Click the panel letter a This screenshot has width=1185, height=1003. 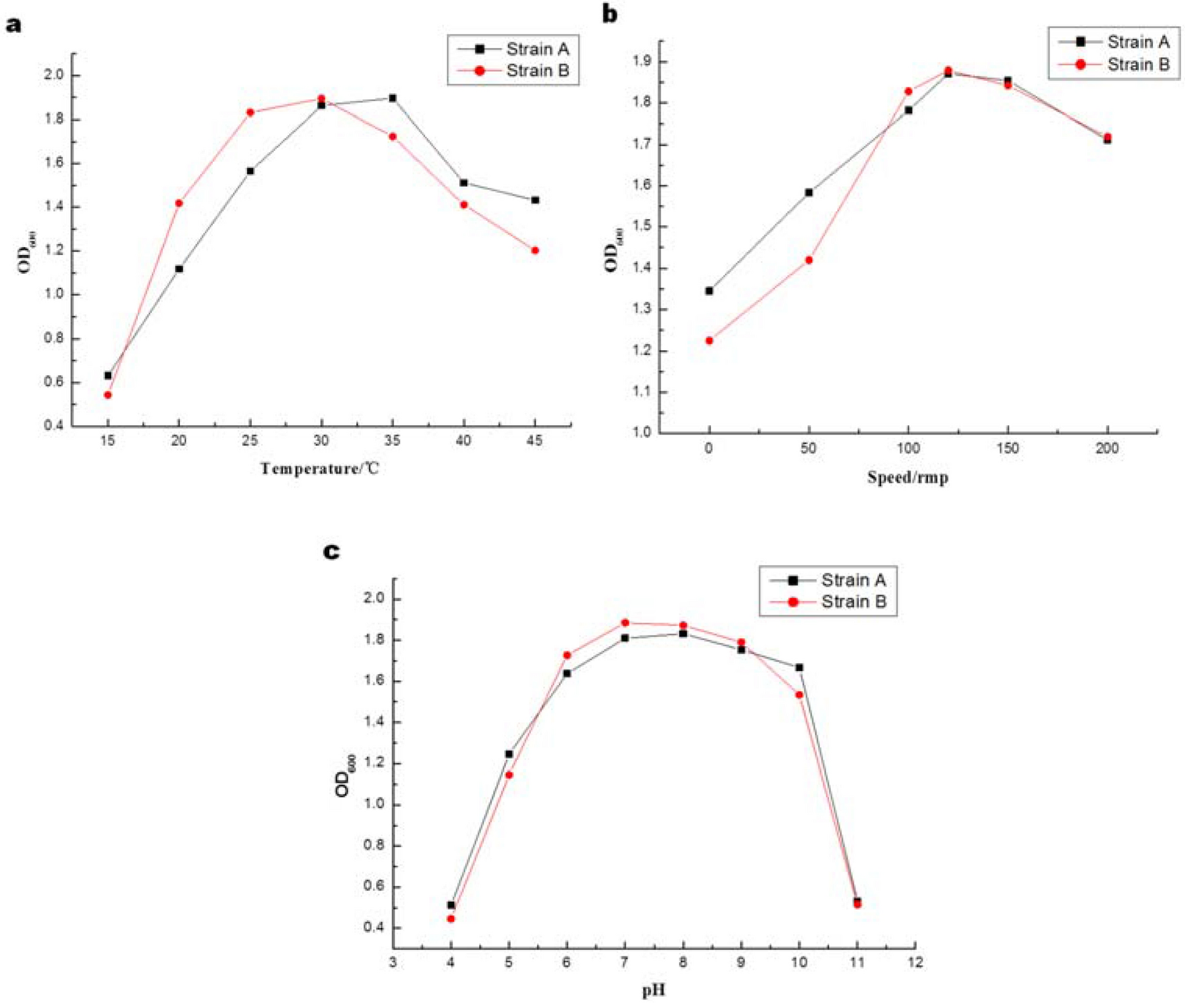tap(13, 25)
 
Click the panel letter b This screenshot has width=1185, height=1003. tap(610, 13)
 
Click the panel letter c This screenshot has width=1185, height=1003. tap(331, 552)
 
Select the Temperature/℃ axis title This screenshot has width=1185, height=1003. tap(320, 468)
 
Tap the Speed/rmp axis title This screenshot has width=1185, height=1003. tap(907, 477)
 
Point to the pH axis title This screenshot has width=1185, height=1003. tap(653, 990)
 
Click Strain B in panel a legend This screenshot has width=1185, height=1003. tap(537, 71)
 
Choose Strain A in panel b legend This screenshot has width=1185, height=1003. tap(1137, 42)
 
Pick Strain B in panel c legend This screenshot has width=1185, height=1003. tap(853, 602)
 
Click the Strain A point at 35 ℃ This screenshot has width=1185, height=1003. tap(392, 98)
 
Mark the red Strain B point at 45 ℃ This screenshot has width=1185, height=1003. tap(535, 250)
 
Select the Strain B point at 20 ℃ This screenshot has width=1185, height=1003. tap(179, 203)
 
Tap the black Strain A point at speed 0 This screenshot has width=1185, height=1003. tap(709, 291)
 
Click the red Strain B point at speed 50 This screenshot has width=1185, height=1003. tap(809, 260)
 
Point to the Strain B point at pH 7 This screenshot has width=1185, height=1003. tap(625, 623)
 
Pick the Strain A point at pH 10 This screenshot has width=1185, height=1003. tap(799, 668)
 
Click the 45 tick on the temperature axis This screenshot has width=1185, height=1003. tap(534, 441)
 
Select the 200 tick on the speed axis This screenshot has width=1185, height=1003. tap(1107, 448)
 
